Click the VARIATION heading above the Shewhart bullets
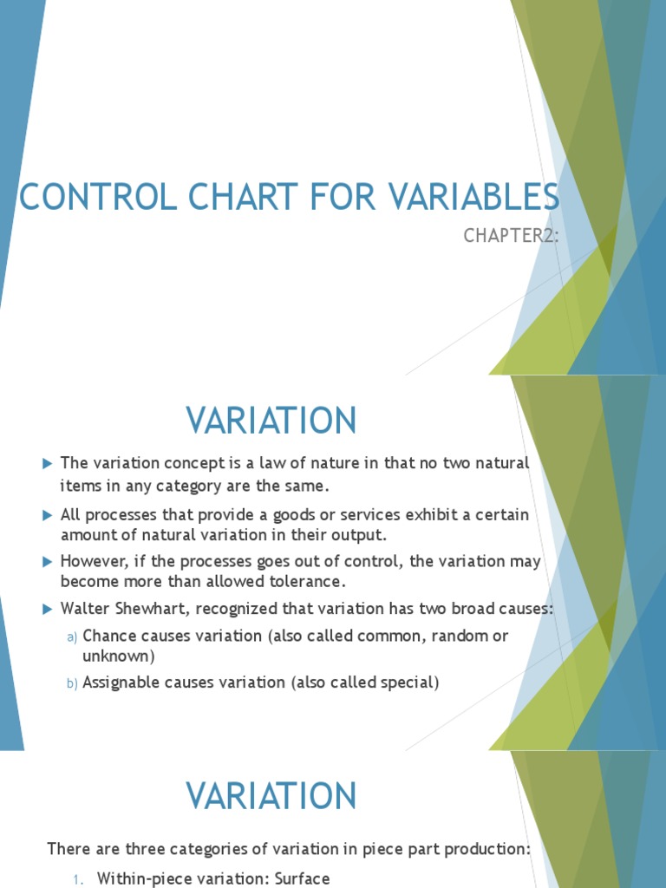point(271,421)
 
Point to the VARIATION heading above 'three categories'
point(271,796)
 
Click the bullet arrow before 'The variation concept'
point(48,464)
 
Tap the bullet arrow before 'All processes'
point(48,516)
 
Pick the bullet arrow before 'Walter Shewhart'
point(48,610)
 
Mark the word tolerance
point(311,580)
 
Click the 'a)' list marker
point(73,637)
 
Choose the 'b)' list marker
point(73,684)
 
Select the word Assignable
point(122,682)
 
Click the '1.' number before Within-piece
point(78,879)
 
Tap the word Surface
point(302,878)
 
